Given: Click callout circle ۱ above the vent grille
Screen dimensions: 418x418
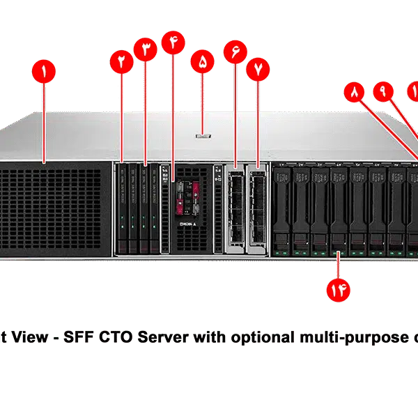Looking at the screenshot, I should click(x=44, y=72).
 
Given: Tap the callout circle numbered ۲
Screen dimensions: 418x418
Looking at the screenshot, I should click(x=122, y=62).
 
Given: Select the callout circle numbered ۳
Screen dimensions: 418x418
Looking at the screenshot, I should click(x=146, y=52).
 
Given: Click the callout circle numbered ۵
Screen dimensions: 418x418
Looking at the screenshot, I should click(x=203, y=61).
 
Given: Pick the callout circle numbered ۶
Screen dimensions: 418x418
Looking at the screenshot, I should click(x=235, y=51).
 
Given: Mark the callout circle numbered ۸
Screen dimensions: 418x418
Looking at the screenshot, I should click(x=355, y=92).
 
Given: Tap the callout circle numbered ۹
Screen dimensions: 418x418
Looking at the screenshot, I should click(x=382, y=91).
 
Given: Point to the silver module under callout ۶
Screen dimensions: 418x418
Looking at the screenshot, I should click(x=235, y=207).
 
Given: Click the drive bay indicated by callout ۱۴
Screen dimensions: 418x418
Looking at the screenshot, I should click(x=339, y=209).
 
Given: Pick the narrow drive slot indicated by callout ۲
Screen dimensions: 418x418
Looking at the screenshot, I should click(x=123, y=207).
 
